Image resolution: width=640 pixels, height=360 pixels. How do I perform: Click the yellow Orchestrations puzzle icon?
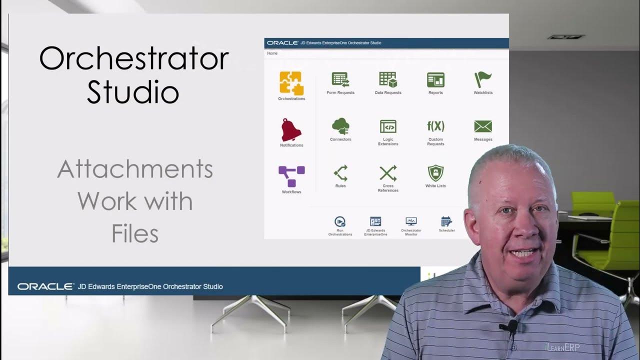(x=291, y=83)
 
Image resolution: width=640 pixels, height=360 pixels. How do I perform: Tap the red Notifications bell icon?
(x=291, y=130)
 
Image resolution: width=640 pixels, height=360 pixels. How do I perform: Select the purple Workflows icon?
(x=291, y=176)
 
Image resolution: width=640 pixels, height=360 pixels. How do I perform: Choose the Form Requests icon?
(x=340, y=80)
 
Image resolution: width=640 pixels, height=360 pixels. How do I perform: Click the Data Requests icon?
(x=388, y=80)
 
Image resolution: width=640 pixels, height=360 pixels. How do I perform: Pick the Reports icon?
(x=435, y=80)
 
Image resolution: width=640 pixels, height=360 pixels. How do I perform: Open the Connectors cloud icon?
(x=340, y=126)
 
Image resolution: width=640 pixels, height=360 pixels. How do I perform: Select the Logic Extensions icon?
(x=388, y=126)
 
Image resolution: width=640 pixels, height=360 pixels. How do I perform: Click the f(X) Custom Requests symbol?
(x=435, y=126)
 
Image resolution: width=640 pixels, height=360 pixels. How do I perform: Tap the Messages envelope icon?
(x=483, y=126)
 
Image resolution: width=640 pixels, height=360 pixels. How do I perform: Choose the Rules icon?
(x=340, y=173)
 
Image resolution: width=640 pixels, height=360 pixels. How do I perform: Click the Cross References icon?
(x=388, y=173)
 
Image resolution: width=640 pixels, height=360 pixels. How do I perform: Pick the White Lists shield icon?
(x=435, y=173)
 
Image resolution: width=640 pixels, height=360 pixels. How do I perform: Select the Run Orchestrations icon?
(x=340, y=221)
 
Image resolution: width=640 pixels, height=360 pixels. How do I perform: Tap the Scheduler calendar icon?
(x=446, y=221)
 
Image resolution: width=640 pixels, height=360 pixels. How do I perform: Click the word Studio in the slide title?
(x=133, y=92)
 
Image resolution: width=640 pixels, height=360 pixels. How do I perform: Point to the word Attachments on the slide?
(x=135, y=169)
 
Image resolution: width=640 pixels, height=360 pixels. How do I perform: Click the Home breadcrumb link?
(x=272, y=53)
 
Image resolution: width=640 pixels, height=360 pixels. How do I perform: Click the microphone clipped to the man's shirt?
(x=511, y=327)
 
